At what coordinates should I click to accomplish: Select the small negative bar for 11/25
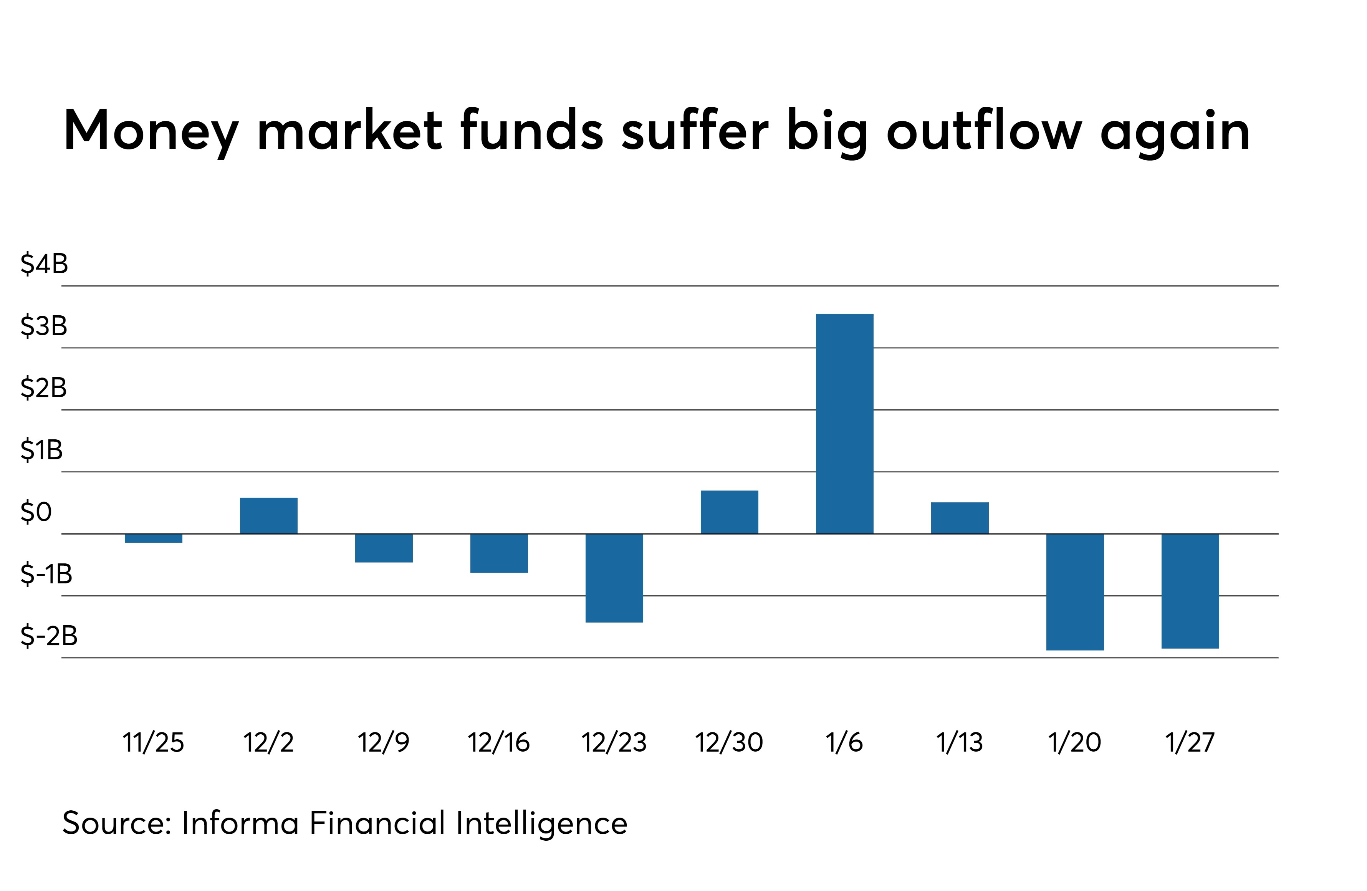(153, 538)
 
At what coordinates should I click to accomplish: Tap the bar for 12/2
(269, 515)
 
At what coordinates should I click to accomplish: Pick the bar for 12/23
(614, 578)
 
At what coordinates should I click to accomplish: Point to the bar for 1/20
(1075, 592)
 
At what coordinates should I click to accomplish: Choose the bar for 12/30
(730, 512)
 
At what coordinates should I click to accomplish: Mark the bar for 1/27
(1190, 591)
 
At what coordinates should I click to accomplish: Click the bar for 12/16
(499, 553)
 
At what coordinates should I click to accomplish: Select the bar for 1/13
(960, 518)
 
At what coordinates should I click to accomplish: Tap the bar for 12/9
(384, 548)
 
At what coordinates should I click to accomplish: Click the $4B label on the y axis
(44, 264)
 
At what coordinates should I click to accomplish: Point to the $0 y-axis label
(36, 512)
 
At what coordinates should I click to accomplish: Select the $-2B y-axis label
(49, 636)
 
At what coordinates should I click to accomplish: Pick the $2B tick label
(44, 388)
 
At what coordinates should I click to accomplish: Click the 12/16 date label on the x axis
(498, 742)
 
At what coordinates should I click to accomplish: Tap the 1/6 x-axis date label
(844, 742)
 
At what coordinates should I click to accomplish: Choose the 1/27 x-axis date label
(1190, 742)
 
